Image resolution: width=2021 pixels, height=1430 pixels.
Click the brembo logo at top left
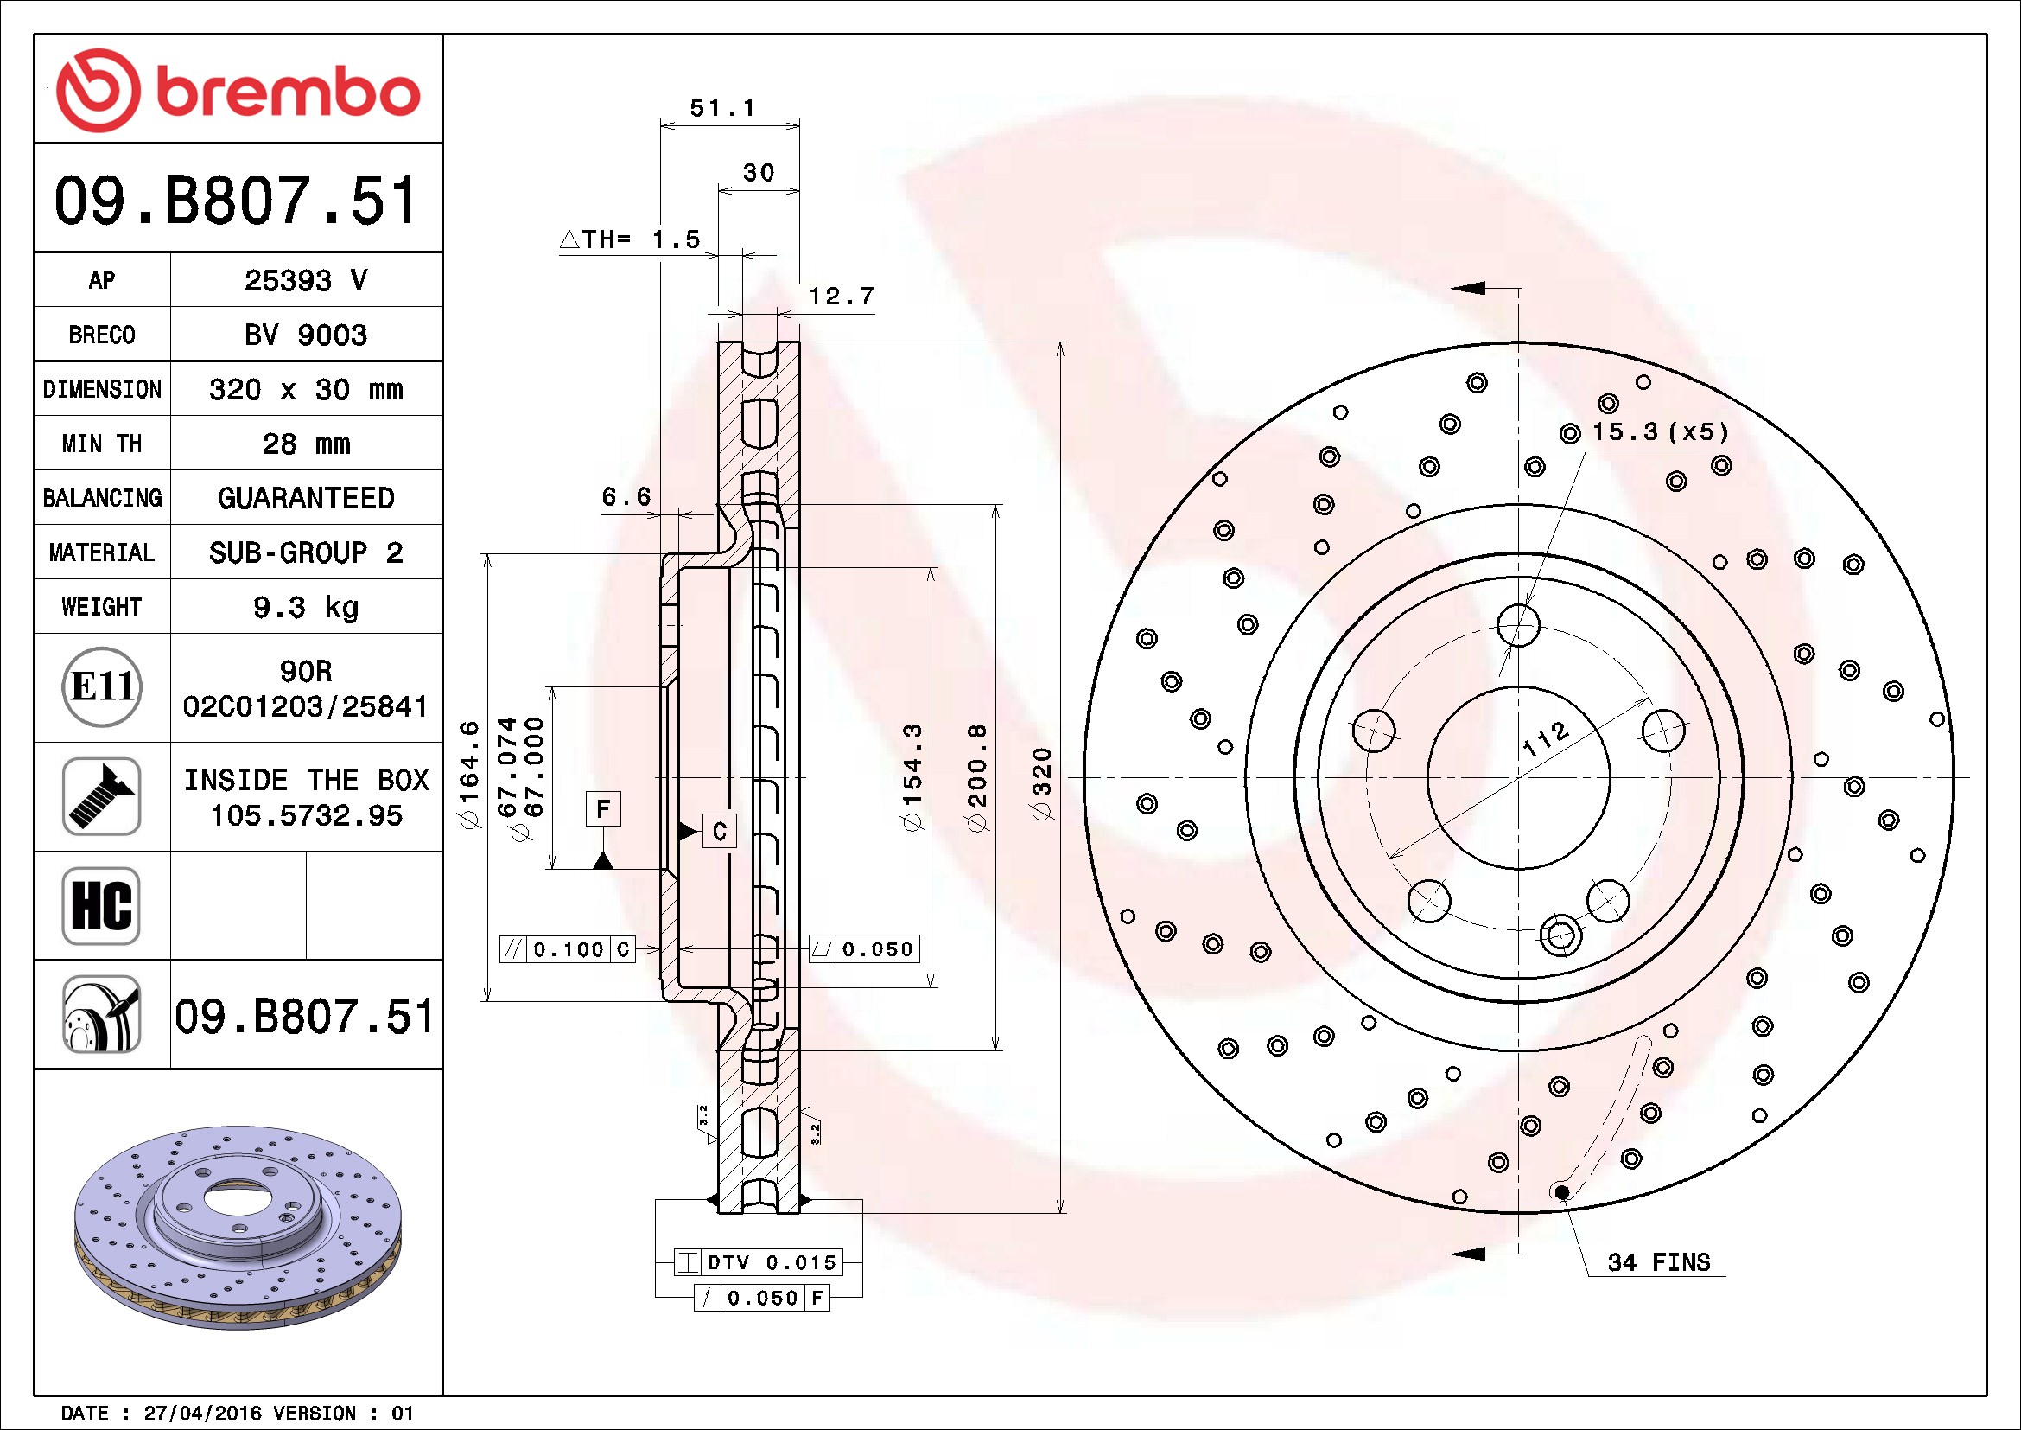[238, 91]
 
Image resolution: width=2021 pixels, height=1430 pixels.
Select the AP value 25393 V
[305, 280]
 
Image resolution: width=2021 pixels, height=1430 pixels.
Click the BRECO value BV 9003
[305, 335]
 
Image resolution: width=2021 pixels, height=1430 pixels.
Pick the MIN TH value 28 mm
[305, 443]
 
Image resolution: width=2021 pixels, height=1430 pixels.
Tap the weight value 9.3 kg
[305, 607]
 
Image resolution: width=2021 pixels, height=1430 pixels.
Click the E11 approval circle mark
[102, 686]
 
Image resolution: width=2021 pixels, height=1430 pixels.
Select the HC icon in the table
[102, 905]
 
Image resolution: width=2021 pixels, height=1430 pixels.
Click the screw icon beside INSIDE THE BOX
[102, 796]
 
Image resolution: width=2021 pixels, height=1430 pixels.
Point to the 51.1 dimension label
[722, 107]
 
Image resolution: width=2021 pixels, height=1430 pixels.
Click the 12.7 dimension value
[842, 296]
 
